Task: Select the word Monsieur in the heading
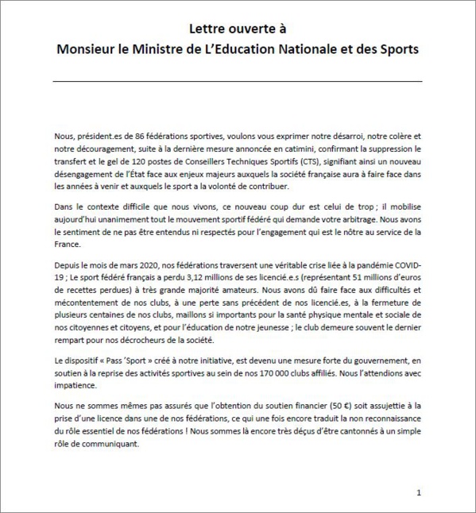pyautogui.click(x=91, y=49)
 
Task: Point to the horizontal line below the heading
pyautogui.click(x=238, y=81)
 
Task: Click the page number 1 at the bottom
pyautogui.click(x=419, y=492)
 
